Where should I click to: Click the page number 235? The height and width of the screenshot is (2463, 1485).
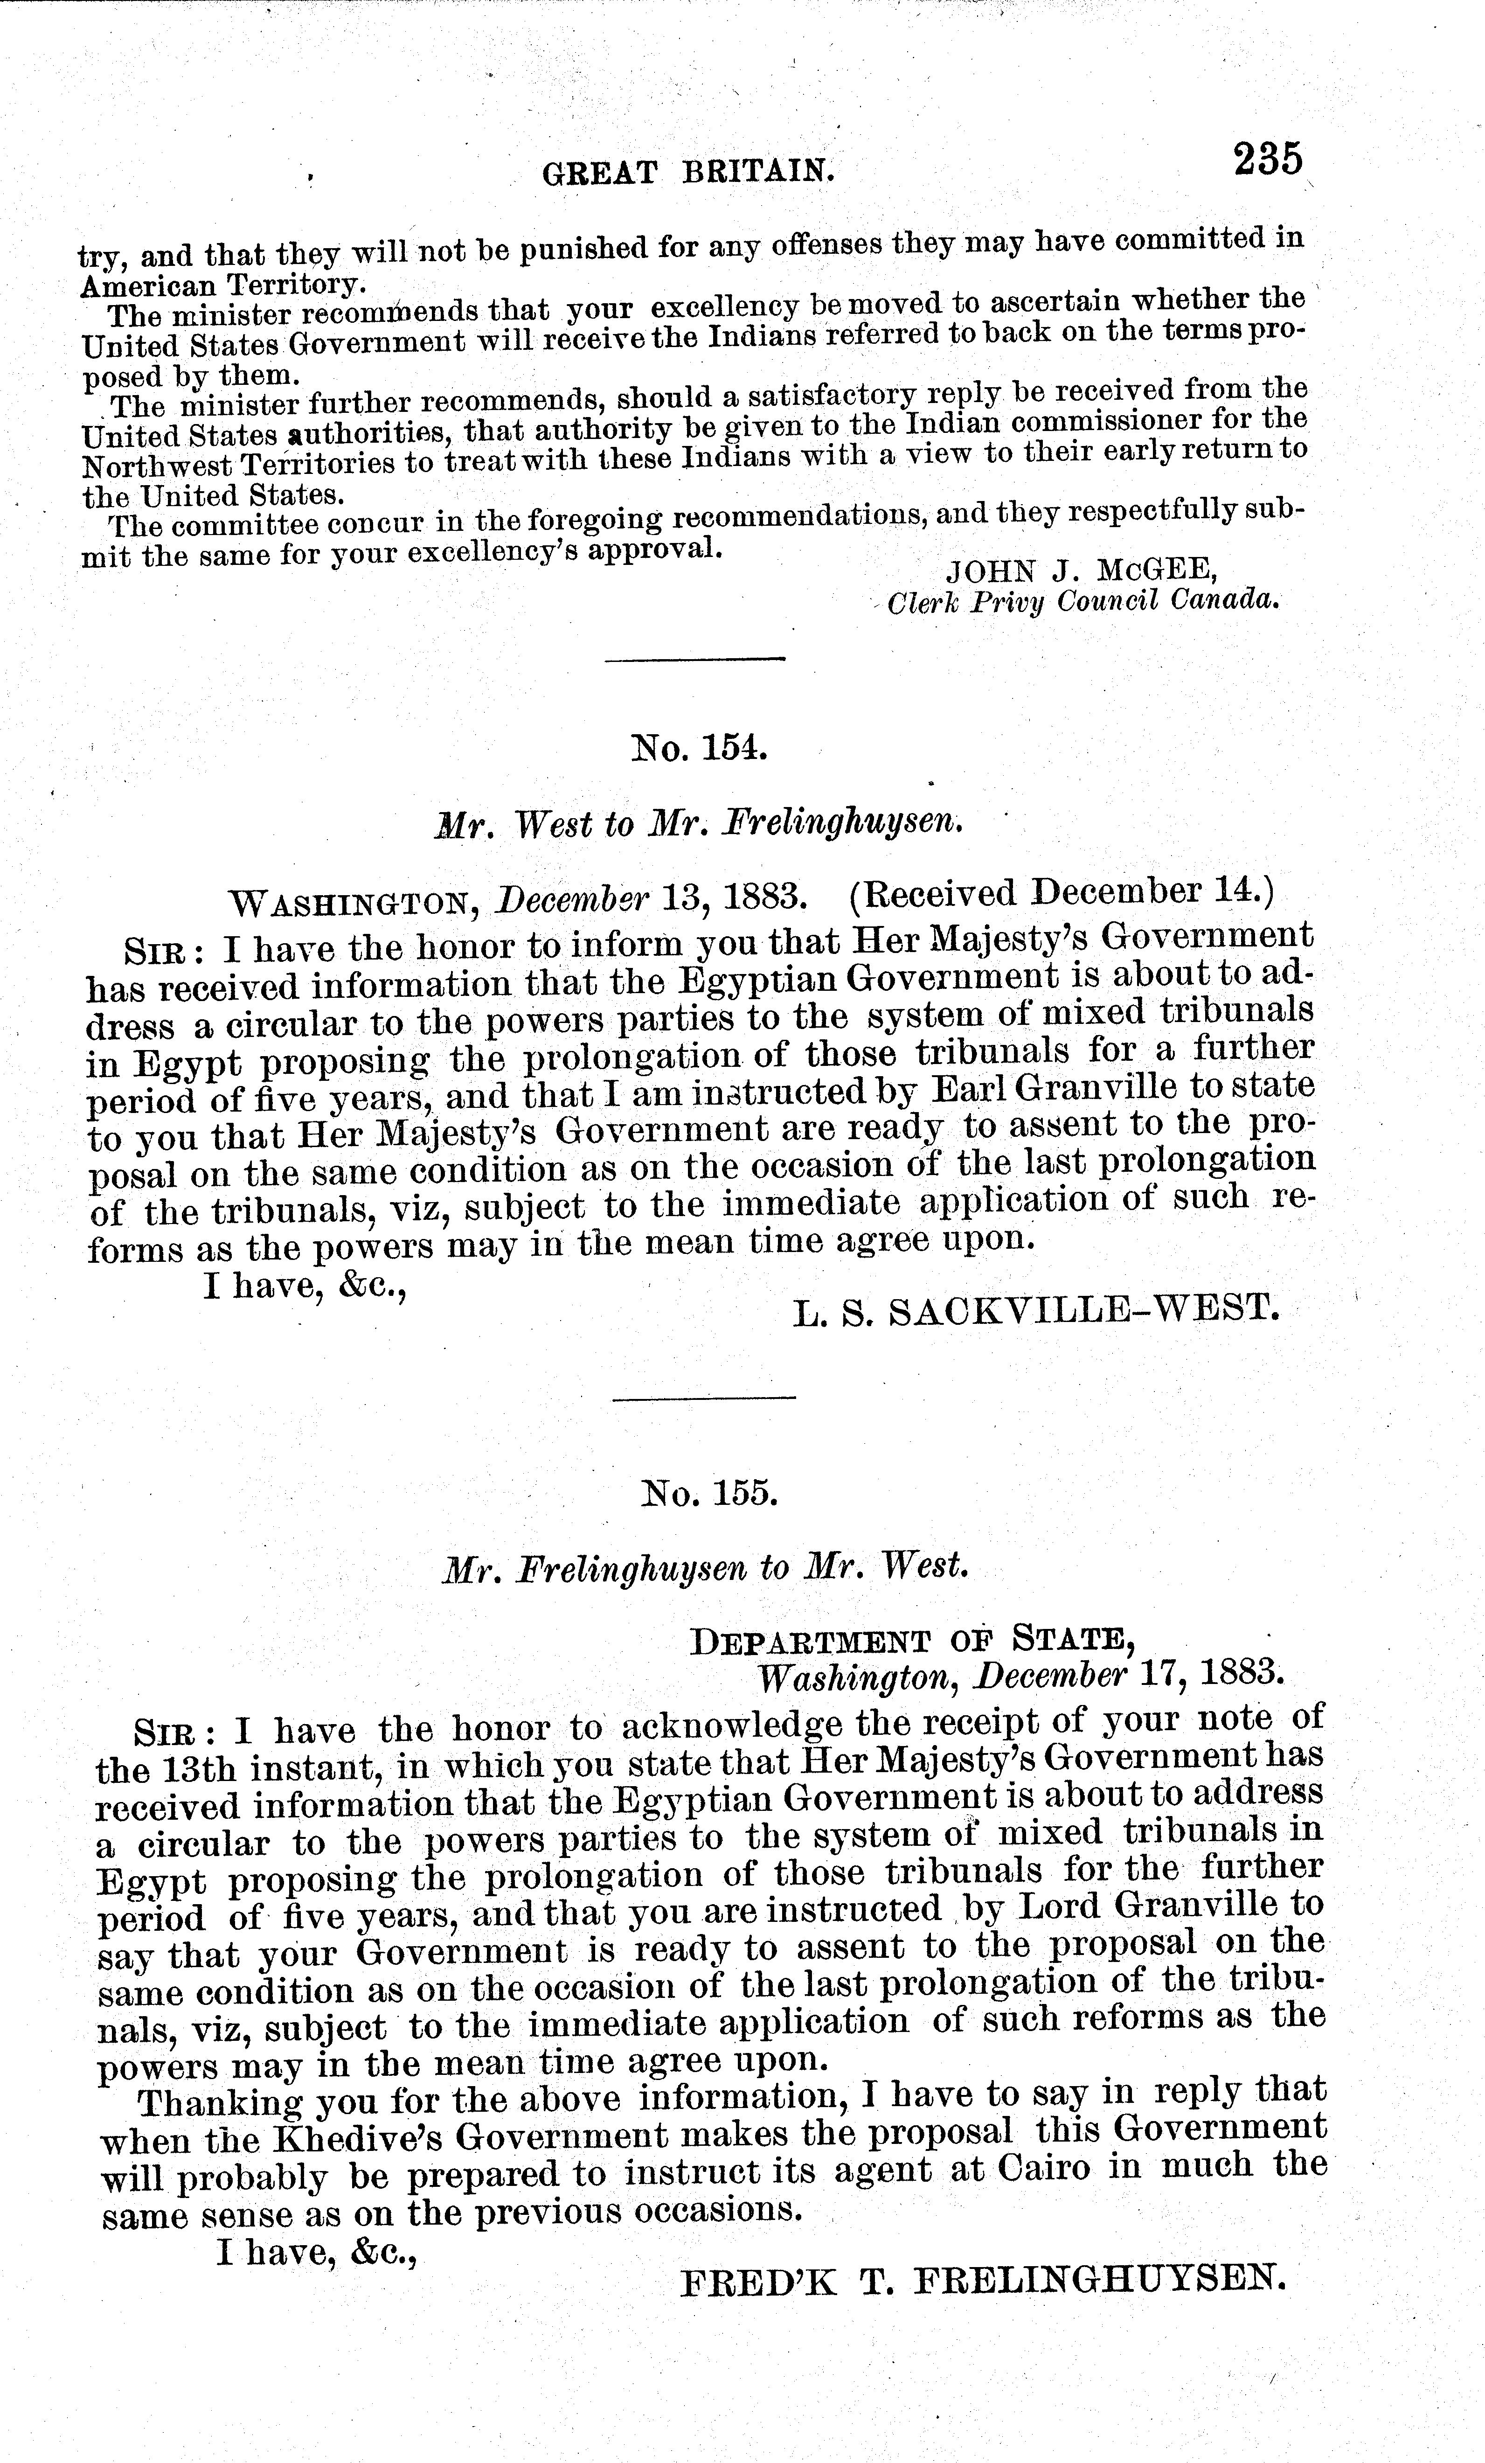1267,160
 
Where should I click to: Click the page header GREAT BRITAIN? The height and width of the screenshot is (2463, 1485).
687,173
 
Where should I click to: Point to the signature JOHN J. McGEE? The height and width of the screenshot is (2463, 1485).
1081,571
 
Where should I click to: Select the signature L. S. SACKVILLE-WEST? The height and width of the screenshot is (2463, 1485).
1036,1309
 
